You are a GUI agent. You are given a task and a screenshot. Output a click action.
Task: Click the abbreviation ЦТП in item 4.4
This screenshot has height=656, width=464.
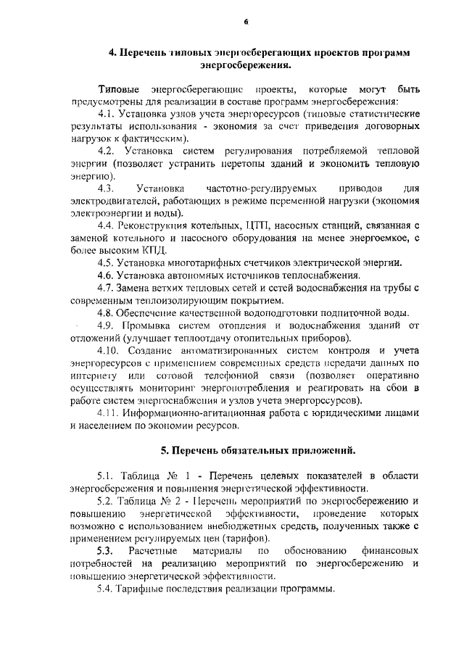point(236,225)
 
